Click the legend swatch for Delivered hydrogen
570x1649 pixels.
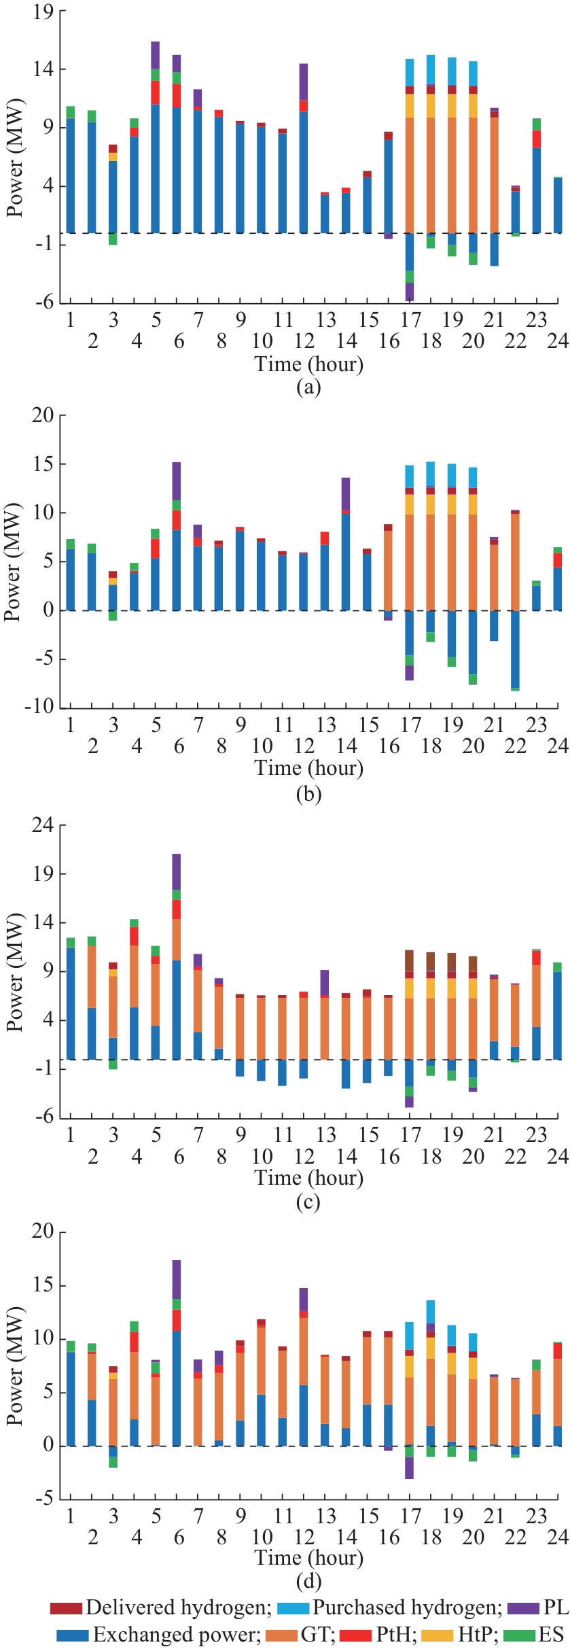[x=66, y=1608]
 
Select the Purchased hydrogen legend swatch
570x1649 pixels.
[x=293, y=1608]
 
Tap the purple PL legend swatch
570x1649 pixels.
[x=522, y=1608]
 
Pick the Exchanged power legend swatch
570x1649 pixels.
[x=73, y=1635]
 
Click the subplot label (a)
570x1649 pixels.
[x=308, y=387]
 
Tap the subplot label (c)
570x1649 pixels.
[x=308, y=1202]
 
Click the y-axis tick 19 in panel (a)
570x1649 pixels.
[x=43, y=12]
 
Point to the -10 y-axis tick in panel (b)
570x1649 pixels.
[x=39, y=707]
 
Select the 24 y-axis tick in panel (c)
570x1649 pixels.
[x=43, y=825]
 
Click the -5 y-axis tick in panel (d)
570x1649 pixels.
[x=43, y=1498]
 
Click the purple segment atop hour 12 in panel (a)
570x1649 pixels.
[x=304, y=82]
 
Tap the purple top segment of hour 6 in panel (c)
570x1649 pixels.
[x=177, y=871]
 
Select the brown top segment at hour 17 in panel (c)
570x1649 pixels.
[x=410, y=960]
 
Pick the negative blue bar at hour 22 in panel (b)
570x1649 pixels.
[x=516, y=649]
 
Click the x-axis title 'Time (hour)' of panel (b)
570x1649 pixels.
[x=308, y=768]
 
